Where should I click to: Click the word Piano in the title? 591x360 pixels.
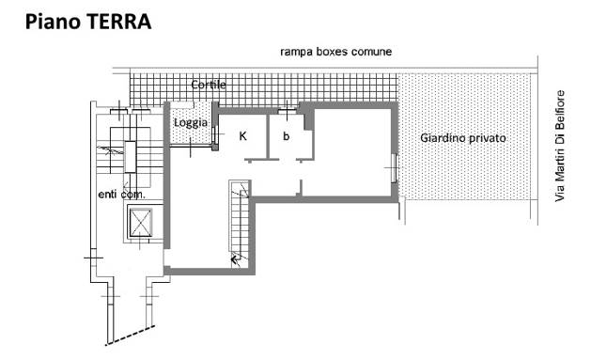point(54,22)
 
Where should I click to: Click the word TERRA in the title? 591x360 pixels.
point(119,22)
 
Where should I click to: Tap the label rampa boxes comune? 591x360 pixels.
point(335,52)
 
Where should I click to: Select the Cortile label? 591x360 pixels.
point(209,85)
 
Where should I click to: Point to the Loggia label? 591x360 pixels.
point(191,122)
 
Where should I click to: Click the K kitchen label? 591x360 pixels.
point(243,136)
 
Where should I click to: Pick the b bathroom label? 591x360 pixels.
point(286,135)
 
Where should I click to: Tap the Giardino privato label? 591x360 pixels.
point(463,138)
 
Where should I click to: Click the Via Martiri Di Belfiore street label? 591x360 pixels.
point(560,146)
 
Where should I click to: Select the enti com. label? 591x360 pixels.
point(121,195)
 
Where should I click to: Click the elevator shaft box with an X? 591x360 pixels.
point(141,223)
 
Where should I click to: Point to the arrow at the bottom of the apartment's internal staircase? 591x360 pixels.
point(236,259)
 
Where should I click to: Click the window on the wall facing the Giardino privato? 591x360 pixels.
point(394,167)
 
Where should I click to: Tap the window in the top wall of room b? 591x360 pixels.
point(288,111)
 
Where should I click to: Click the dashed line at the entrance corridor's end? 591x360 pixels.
point(131,335)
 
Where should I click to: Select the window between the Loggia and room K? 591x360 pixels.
point(213,134)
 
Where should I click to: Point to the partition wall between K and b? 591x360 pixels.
point(268,136)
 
